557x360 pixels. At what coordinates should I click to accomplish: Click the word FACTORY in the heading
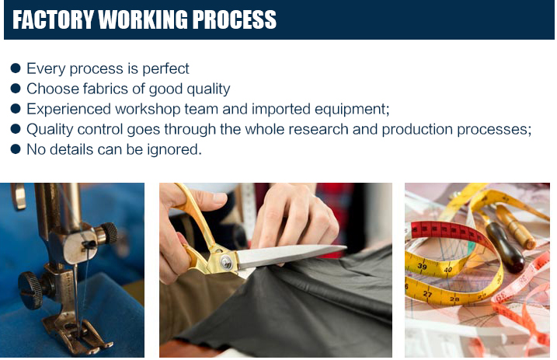pos(53,19)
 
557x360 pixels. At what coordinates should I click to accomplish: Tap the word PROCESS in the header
pos(234,19)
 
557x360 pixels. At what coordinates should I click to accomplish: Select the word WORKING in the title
pos(143,19)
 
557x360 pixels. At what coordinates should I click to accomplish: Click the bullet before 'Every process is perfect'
pos(16,68)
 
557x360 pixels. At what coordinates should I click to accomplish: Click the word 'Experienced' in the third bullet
pos(69,110)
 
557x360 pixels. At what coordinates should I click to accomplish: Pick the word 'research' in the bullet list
pos(319,129)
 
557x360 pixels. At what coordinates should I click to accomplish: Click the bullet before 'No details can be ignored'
pos(16,149)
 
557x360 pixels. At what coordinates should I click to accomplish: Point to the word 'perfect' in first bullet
pos(165,68)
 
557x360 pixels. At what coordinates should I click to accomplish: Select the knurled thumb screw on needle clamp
pos(106,232)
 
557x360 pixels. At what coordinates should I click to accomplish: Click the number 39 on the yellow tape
pos(422,266)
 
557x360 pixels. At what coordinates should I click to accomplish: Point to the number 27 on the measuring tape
pos(428,294)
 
